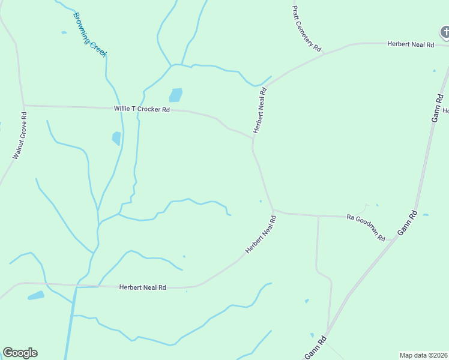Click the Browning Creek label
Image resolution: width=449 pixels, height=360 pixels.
[x=90, y=35]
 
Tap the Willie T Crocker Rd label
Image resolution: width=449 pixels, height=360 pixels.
[x=142, y=109]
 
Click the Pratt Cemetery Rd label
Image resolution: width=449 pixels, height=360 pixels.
[x=307, y=29]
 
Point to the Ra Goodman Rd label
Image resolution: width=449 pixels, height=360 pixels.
[x=366, y=227]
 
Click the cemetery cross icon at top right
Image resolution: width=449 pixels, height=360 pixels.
[x=444, y=32]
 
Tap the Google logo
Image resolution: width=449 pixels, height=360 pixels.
[x=20, y=353]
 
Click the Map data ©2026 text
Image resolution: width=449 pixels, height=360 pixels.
[x=423, y=355]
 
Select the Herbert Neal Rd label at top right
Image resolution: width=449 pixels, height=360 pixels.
[x=411, y=44]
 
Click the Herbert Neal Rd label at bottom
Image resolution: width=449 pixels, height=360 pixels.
[x=142, y=287]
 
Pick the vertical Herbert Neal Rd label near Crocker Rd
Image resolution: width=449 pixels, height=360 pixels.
[x=259, y=110]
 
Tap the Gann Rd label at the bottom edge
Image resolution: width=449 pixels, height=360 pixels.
[x=315, y=349]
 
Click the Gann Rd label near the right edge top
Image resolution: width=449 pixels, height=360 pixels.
[x=436, y=108]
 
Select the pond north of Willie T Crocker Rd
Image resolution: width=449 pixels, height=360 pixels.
[x=175, y=95]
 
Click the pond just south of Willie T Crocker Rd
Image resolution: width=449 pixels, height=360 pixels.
[x=116, y=138]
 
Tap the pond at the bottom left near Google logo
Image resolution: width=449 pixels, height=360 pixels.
[x=35, y=295]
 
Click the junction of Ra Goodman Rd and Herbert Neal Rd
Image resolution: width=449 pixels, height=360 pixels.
[x=273, y=211]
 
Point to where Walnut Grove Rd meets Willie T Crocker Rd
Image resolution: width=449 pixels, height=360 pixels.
[x=24, y=106]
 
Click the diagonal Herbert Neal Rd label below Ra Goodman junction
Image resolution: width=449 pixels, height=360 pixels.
[x=261, y=235]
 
